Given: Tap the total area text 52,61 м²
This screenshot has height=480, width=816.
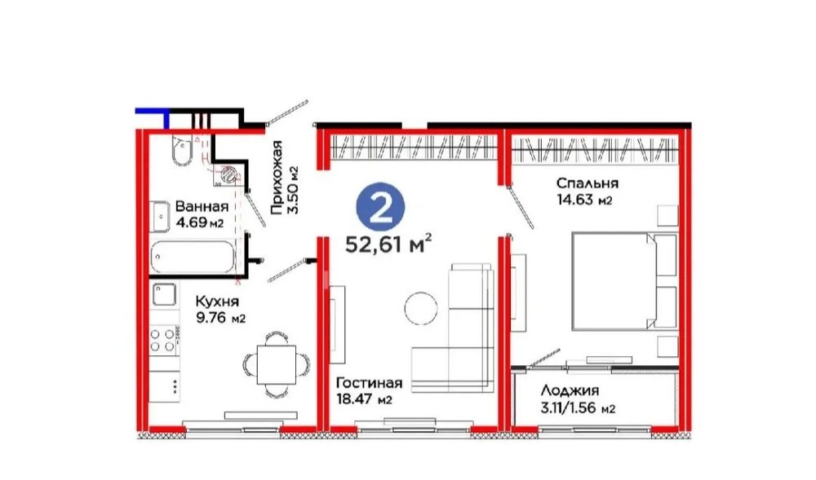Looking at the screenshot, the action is [x=388, y=244].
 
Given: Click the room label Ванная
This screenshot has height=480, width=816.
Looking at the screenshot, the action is [x=202, y=206].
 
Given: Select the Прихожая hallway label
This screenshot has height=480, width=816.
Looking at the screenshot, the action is [x=277, y=177].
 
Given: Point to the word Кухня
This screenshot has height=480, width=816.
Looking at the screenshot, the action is [x=217, y=302].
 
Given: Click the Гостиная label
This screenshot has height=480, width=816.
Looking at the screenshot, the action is [x=369, y=383].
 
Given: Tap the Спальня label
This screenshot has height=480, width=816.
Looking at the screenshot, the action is [x=587, y=183].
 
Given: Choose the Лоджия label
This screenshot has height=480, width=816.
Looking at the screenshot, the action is [x=570, y=390].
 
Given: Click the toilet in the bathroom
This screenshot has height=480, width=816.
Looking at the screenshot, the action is [x=182, y=150].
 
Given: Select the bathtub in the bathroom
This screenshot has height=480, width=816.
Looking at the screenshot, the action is [x=192, y=257].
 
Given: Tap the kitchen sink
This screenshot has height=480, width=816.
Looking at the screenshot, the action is [x=166, y=294].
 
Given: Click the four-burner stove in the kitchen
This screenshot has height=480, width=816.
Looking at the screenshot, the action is [x=163, y=340].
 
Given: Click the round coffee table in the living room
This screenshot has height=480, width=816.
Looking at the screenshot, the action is [x=421, y=309].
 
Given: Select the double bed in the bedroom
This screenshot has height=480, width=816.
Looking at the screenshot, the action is [x=624, y=281].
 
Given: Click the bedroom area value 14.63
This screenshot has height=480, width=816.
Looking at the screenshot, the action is [x=575, y=200].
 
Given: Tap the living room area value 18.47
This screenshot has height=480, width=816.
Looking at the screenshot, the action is [x=355, y=399].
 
